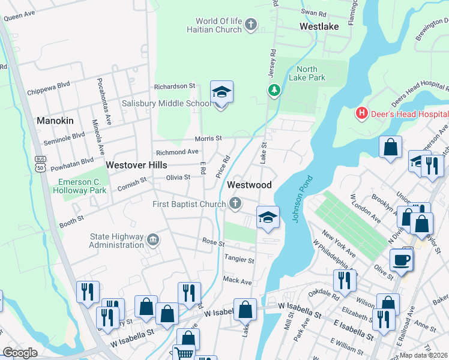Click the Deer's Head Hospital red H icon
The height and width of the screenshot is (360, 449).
[x=361, y=112]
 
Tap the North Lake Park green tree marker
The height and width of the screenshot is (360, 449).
[x=274, y=90]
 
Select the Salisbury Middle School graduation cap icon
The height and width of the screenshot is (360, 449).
[x=221, y=92]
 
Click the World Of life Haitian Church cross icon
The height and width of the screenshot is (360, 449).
[x=251, y=25]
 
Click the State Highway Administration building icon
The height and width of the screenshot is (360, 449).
[x=154, y=241]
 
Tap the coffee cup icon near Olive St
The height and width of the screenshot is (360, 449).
[x=400, y=260]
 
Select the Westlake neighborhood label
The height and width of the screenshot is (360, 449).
[x=319, y=26]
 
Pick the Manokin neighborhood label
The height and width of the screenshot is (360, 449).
[x=55, y=121]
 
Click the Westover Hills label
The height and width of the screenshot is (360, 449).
[x=136, y=164]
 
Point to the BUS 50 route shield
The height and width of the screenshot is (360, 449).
[x=40, y=163]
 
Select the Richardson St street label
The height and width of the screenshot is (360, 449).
[x=175, y=86]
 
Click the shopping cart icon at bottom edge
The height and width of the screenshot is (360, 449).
[x=184, y=353]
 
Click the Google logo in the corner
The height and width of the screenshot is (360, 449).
[x=20, y=353]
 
